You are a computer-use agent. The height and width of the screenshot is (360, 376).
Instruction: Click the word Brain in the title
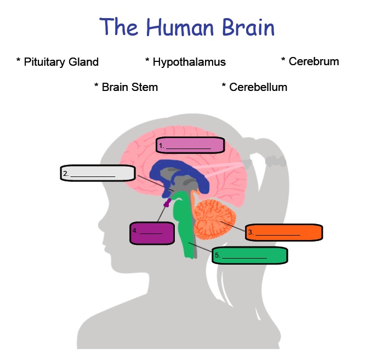click(248, 27)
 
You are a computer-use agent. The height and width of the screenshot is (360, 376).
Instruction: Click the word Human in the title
click(180, 27)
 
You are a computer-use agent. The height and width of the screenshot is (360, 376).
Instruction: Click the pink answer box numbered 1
click(190, 145)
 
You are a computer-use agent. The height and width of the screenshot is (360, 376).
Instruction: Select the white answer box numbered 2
click(98, 173)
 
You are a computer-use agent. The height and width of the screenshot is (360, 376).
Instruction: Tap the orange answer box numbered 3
click(284, 232)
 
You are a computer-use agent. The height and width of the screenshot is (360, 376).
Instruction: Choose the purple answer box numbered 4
click(152, 233)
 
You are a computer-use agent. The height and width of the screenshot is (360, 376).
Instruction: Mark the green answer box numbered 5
click(250, 255)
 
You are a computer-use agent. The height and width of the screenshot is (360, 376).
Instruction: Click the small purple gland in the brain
click(167, 203)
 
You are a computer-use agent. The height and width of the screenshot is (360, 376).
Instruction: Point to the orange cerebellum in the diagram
click(214, 219)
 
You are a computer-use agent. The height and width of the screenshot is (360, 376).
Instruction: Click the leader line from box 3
click(233, 226)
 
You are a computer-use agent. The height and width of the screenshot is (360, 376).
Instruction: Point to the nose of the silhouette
click(101, 225)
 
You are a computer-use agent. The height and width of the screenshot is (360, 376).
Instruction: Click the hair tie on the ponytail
click(276, 161)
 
